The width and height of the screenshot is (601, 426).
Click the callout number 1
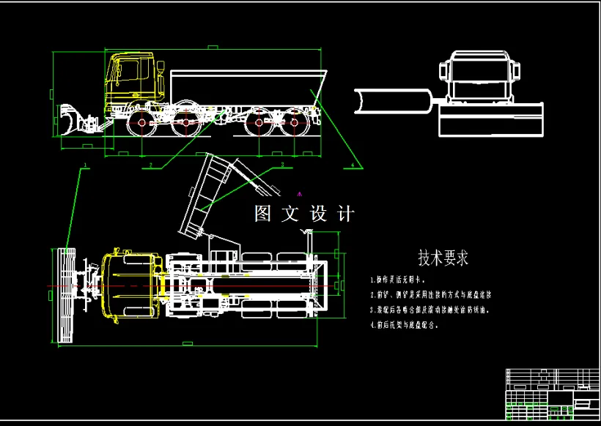point(85,165)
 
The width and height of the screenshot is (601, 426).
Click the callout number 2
point(150,165)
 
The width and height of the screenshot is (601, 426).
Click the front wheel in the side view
point(139,123)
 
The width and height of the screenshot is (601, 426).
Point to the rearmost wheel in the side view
point(297,123)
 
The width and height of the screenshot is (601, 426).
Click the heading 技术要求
point(443,258)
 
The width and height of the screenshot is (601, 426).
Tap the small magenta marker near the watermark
point(298,194)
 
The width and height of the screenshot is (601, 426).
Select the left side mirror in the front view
point(442,72)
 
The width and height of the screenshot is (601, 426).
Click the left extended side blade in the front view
point(393,101)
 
